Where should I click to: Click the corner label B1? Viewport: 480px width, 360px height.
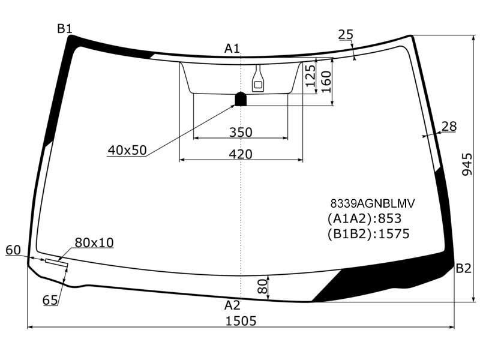[65, 29]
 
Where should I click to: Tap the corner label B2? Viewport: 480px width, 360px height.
[463, 268]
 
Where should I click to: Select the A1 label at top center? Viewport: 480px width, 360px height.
[232, 49]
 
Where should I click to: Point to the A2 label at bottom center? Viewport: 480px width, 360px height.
[232, 305]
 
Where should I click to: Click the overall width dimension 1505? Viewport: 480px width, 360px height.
[241, 321]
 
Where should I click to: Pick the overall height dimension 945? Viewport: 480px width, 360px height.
[467, 164]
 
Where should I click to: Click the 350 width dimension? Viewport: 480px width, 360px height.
[241, 132]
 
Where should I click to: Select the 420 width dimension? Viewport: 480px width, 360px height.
[241, 154]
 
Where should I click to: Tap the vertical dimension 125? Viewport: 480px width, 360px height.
[310, 76]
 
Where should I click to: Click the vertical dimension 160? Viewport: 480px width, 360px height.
[326, 82]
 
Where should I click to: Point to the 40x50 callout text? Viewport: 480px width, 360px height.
[127, 150]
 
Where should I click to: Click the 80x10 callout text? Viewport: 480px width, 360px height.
[94, 242]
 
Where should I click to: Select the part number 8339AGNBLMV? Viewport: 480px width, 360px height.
[373, 203]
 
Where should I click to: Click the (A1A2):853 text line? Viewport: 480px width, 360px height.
[364, 218]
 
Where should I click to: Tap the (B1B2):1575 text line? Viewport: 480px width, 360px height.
[368, 234]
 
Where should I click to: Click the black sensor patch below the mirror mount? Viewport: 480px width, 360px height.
[241, 99]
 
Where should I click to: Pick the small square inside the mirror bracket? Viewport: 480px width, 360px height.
[258, 85]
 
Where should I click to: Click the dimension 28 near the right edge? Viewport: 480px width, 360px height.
[449, 126]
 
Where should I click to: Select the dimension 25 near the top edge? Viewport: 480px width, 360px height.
[346, 34]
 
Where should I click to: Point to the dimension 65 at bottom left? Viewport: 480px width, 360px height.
[50, 300]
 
